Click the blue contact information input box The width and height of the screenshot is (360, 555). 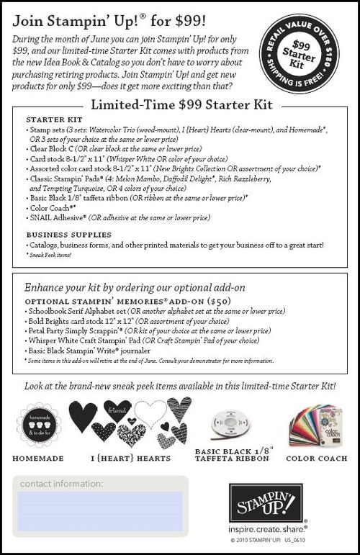click(99, 511)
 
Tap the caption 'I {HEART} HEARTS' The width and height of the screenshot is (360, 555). click(132, 457)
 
